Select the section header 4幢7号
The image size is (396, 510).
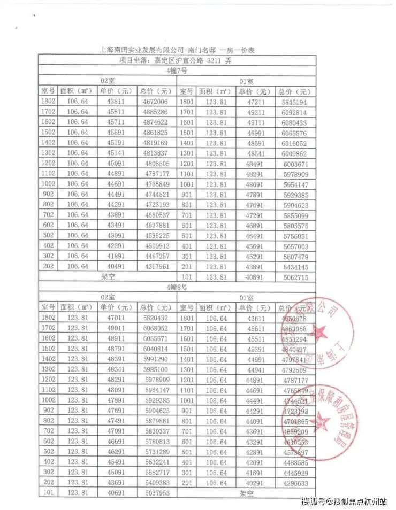pos(176,71)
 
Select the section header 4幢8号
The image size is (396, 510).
pos(176,287)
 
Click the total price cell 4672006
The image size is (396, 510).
pos(156,101)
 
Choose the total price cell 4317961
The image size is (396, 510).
pos(156,267)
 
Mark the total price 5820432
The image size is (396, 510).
pos(156,318)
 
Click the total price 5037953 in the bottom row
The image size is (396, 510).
pos(156,493)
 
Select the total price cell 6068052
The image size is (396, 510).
pos(156,328)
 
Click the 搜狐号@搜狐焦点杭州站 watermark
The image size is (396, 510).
pos(344,501)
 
